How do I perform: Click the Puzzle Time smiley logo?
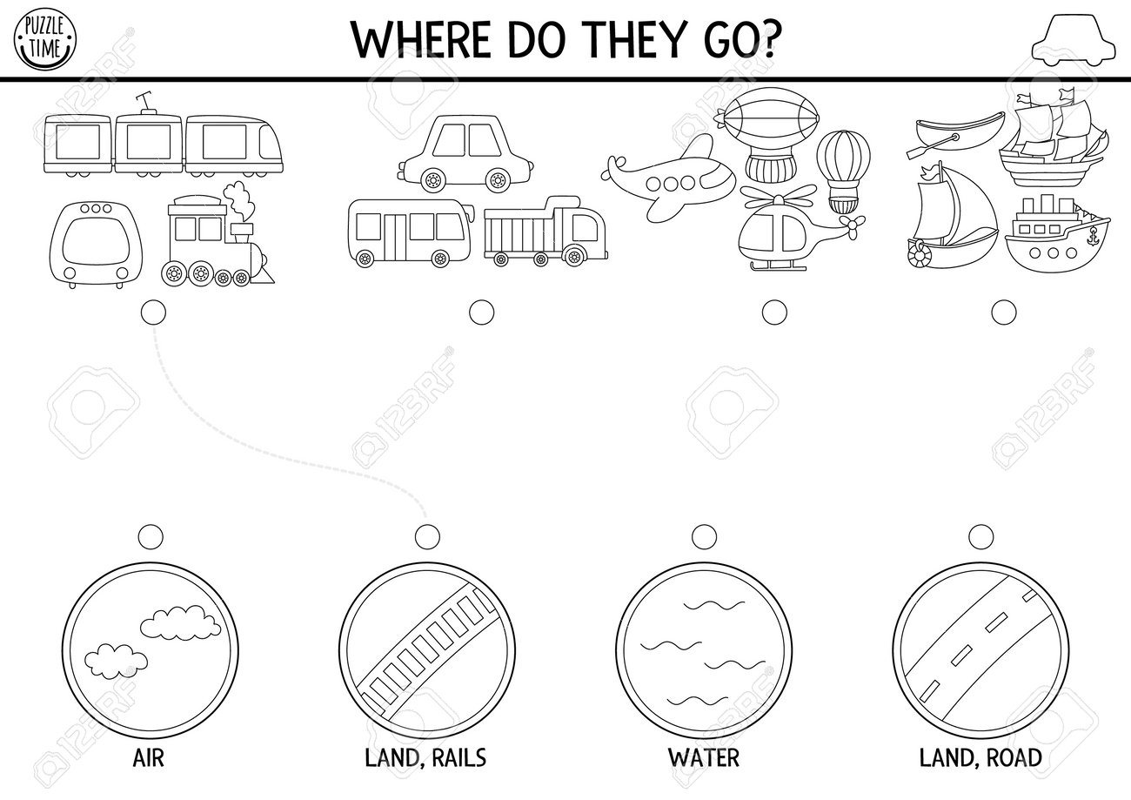click(45, 39)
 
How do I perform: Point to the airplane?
click(668, 177)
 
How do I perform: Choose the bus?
click(412, 232)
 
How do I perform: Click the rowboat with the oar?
click(954, 135)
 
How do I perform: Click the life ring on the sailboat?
click(918, 253)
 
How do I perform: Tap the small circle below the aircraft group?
click(774, 313)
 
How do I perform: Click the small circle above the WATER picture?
click(704, 536)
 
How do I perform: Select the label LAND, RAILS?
click(425, 757)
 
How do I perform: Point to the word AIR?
click(149, 757)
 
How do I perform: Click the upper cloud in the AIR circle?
click(180, 622)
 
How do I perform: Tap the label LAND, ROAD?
click(980, 757)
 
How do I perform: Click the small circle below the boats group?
click(1004, 313)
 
